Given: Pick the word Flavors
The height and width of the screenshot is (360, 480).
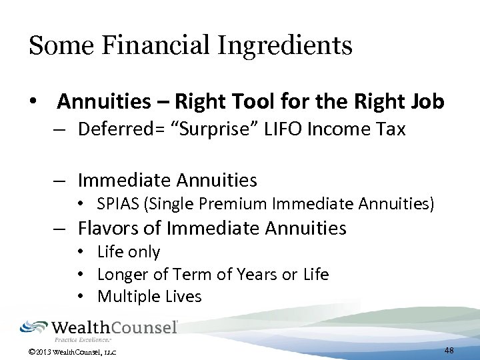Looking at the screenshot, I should tap(109, 228).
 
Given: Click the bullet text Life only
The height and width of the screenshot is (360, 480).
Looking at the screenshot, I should tap(129, 251).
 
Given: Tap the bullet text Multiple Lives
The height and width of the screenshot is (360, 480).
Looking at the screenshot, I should tap(149, 296).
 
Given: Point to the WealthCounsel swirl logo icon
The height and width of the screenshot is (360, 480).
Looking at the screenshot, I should tap(34, 327).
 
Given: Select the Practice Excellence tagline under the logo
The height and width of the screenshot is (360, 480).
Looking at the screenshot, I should tap(83, 339).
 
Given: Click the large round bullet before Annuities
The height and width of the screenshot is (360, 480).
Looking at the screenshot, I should tap(32, 102).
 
